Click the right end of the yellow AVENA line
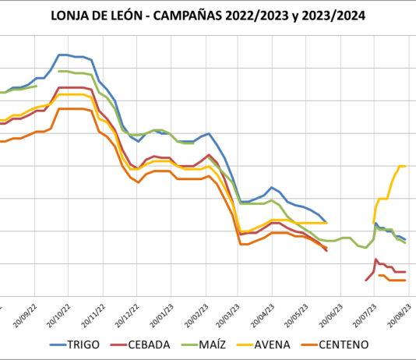click(405, 166)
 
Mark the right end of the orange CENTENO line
click(405, 280)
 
